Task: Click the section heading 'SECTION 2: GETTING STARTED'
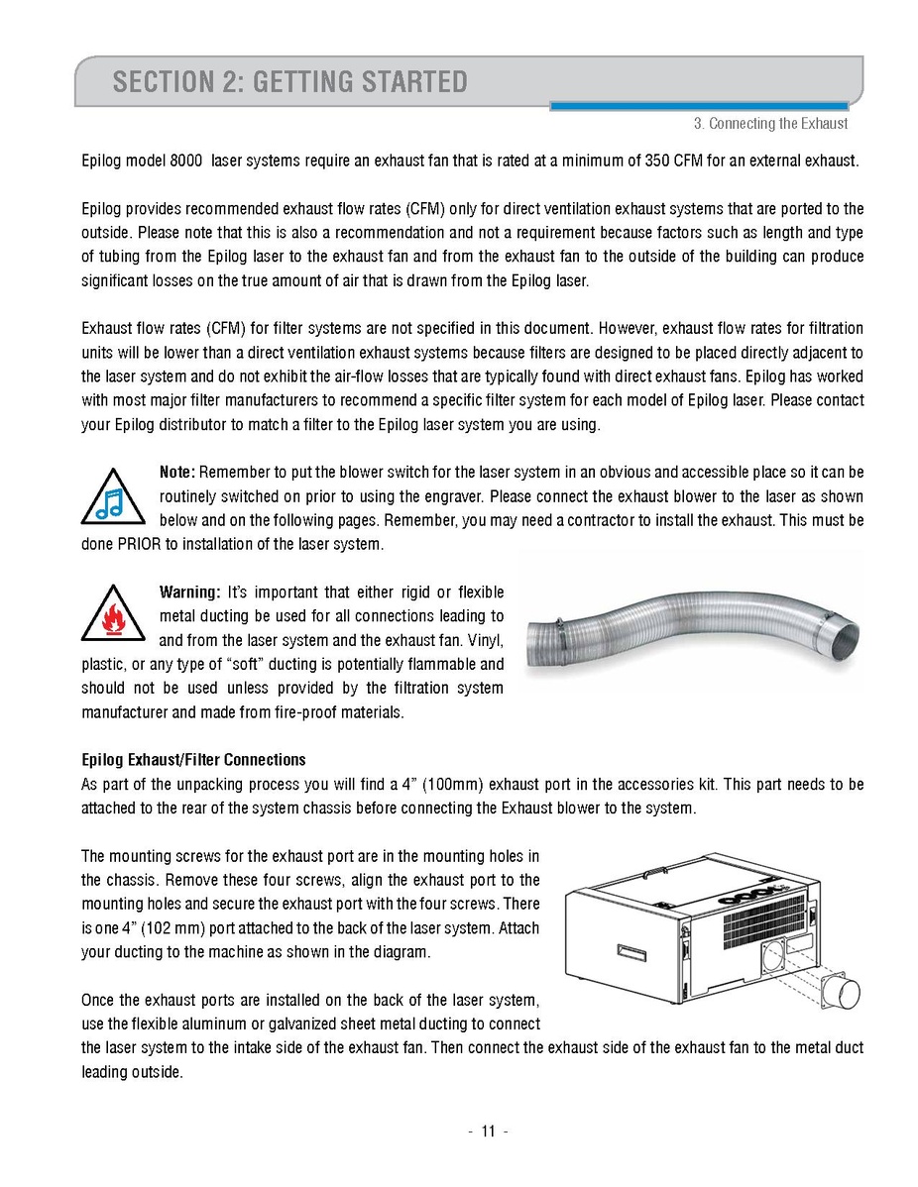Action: pyautogui.click(x=289, y=81)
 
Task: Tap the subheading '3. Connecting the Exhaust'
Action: pyautogui.click(x=770, y=124)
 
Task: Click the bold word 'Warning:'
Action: pyautogui.click(x=189, y=593)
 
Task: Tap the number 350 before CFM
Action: pyautogui.click(x=658, y=161)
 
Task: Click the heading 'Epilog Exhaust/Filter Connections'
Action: pyautogui.click(x=193, y=760)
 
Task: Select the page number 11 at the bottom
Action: pyautogui.click(x=488, y=1133)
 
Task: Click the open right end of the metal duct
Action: pyautogui.click(x=846, y=635)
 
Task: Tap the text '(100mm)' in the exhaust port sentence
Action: pyautogui.click(x=451, y=784)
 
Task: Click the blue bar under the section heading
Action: pyautogui.click(x=698, y=105)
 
